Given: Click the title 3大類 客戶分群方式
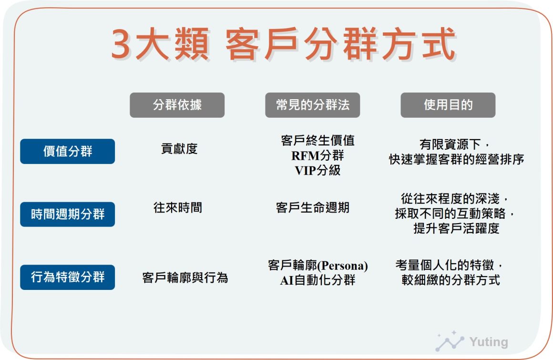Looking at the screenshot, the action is point(284,44).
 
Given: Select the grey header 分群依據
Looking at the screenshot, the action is point(177,105).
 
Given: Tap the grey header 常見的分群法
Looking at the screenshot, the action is point(312,105).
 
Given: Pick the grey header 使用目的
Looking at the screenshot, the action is point(448,105).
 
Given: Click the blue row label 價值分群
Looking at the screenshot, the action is point(67,151).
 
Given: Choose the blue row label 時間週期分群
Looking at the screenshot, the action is point(67,214).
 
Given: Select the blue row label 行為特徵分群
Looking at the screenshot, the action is point(67,277).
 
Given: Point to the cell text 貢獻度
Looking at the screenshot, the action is point(179,149).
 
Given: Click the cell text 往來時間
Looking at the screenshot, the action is point(178,208).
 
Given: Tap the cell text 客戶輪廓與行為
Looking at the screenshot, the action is point(185,278).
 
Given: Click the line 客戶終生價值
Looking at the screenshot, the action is point(318,140).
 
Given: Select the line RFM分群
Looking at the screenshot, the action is point(317,155).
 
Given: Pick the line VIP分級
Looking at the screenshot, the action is point(317,171).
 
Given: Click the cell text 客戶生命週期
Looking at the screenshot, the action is point(312,208).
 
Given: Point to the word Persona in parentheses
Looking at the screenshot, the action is point(342,266).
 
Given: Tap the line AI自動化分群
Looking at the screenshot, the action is point(317,280).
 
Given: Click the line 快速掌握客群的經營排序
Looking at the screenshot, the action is point(456,159).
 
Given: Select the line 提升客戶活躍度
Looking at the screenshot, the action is point(456,228).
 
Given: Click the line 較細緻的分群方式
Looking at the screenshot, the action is point(451,280).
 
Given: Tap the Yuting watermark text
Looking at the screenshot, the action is point(489,342).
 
